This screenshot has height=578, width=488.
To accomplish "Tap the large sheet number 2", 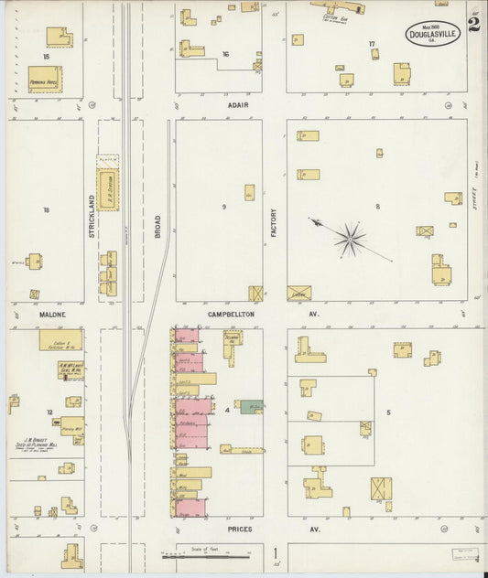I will [x=473, y=23].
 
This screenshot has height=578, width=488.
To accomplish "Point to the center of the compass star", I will [x=349, y=240].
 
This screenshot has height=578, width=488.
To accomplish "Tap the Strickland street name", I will [x=92, y=217].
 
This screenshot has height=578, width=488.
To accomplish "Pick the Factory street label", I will [x=274, y=224].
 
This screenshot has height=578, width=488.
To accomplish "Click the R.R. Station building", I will [x=108, y=188].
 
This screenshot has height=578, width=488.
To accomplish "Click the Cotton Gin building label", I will [x=333, y=16].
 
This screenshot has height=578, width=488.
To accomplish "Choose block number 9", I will [x=222, y=208].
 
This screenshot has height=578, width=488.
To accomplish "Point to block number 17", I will [x=371, y=44].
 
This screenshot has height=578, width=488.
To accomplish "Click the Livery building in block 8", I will [x=298, y=293].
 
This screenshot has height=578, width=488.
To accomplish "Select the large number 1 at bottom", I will [x=275, y=552].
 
